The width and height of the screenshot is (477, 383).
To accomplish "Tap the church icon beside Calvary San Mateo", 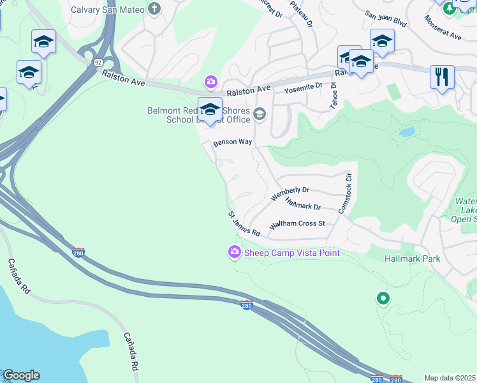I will (x=154, y=10).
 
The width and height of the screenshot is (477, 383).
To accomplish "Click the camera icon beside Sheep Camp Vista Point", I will (x=235, y=253).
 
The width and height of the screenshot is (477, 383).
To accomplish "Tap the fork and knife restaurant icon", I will (x=442, y=77).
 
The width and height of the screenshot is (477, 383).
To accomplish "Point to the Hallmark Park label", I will (x=413, y=259).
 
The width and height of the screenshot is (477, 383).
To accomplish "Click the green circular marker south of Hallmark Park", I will (x=383, y=297).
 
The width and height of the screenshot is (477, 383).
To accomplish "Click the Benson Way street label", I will (x=233, y=142).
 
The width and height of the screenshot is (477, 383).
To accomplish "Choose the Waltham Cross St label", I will (x=297, y=224).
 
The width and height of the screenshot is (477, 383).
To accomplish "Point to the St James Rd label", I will (x=244, y=224).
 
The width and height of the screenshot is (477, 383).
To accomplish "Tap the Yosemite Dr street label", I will (x=304, y=86).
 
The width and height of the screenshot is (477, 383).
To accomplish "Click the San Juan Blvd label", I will (x=386, y=21).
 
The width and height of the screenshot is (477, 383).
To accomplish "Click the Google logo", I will (x=21, y=375).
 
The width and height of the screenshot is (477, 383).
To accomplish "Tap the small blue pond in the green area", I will (x=407, y=132).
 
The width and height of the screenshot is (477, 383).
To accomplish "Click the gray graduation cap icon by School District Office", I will (x=259, y=114).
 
